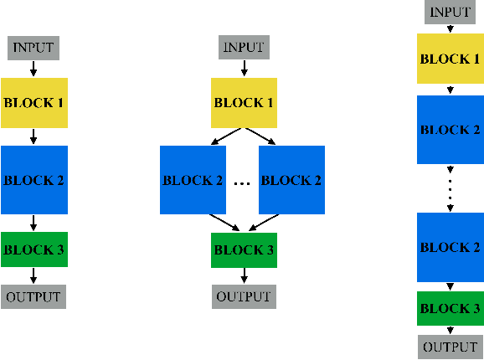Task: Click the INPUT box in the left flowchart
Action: point(33,48)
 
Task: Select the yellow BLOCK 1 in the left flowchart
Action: point(33,103)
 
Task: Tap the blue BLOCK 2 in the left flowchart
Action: point(33,180)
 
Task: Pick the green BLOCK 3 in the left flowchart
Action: point(33,249)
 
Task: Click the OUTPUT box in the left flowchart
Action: point(33,296)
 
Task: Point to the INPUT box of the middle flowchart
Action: point(244,48)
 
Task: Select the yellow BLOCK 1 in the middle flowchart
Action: point(244,103)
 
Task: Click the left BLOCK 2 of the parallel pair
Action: point(193,180)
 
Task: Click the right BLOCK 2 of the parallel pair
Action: point(291,180)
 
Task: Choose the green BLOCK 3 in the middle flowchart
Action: point(244,249)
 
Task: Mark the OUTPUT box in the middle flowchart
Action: point(244,296)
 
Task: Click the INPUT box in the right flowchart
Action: point(451,12)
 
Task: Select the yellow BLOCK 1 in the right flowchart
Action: point(451,59)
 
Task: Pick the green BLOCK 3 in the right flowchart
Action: point(451,309)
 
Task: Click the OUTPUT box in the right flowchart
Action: point(451,347)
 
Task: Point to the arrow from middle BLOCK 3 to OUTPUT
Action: point(244,275)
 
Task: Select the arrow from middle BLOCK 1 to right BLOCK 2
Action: point(260,136)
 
